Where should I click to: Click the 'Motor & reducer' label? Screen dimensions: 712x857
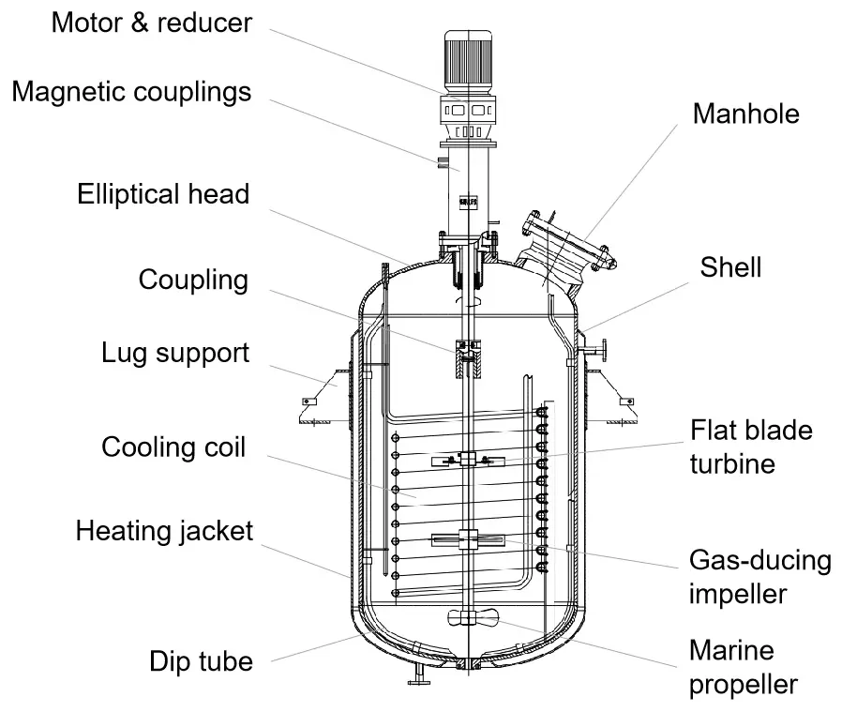[x=151, y=23]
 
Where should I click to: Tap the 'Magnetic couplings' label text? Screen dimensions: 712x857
[x=131, y=92]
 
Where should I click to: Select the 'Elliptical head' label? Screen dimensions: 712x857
[x=163, y=194]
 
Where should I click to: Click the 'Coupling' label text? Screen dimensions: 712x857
[x=193, y=280]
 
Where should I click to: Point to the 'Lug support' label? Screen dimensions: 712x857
[x=175, y=354]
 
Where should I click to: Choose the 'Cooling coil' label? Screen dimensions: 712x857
[x=173, y=447]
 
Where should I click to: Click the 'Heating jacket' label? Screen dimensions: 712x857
[x=164, y=531]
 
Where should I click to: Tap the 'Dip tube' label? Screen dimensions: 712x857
[x=201, y=661]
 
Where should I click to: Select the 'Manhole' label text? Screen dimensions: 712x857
[x=746, y=114]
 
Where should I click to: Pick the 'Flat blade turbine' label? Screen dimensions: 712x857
[x=751, y=447]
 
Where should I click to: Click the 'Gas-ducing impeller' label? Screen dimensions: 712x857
[x=759, y=577]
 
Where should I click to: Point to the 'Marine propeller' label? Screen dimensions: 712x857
[x=744, y=666]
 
